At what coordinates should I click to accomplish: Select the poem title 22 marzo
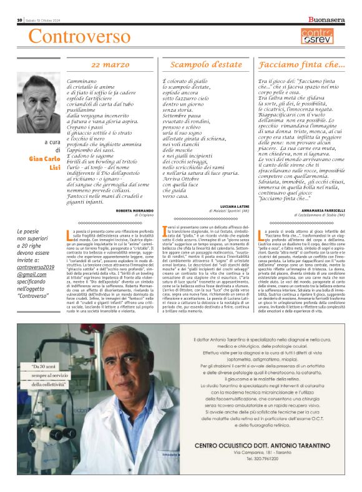point(110,64)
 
